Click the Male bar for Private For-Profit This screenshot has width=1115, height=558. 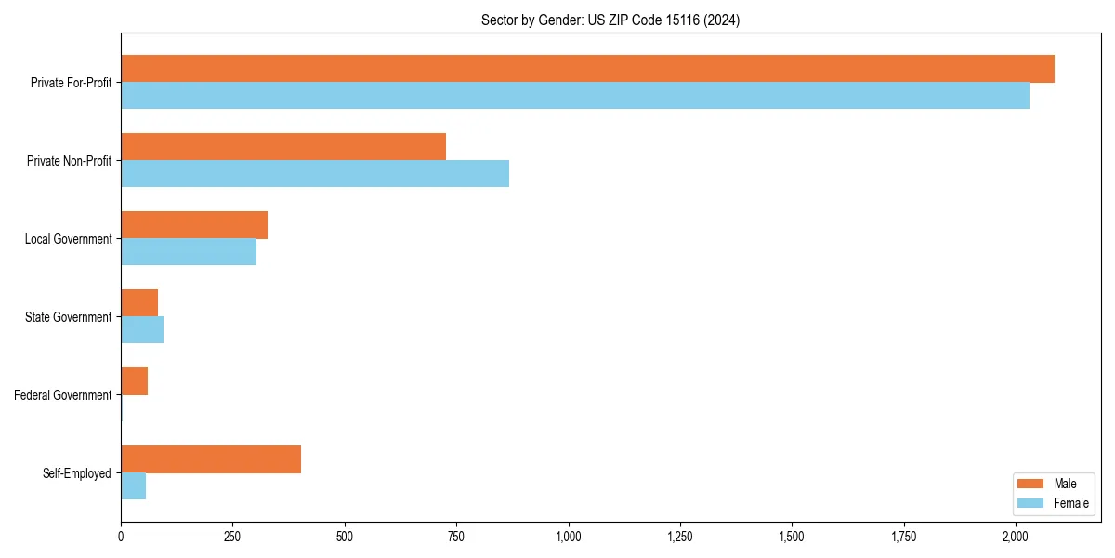587,69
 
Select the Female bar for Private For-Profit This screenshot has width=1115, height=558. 575,96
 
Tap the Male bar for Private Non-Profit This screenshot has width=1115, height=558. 283,147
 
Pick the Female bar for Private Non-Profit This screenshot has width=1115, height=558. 315,174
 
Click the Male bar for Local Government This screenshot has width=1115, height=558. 194,225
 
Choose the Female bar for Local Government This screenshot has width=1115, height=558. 189,252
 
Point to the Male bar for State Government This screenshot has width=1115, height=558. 139,303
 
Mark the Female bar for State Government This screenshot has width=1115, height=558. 142,330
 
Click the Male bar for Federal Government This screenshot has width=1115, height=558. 135,381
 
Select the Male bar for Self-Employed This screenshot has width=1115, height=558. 211,459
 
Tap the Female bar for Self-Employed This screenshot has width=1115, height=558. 134,486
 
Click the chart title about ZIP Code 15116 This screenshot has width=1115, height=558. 610,20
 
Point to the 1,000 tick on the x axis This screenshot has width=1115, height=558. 569,537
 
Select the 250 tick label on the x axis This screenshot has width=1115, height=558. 232,537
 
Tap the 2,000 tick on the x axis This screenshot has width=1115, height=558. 1016,537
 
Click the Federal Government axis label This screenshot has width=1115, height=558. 63,395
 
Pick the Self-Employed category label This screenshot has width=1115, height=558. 77,473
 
